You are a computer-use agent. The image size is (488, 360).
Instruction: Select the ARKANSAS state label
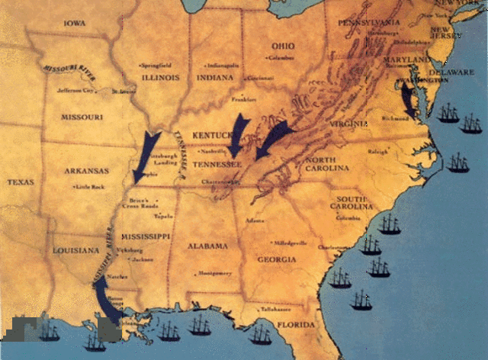pyautogui.click(x=86, y=172)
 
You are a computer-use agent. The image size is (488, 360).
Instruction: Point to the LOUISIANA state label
pyautogui.click(x=75, y=250)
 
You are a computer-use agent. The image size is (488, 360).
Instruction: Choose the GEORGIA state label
pyautogui.click(x=277, y=259)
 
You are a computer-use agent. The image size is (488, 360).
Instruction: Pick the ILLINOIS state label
pyautogui.click(x=157, y=77)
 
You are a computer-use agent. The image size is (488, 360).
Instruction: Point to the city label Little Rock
pyautogui.click(x=89, y=186)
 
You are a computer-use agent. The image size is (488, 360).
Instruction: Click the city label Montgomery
pyautogui.click(x=214, y=273)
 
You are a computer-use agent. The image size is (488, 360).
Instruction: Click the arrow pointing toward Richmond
pyautogui.click(x=409, y=99)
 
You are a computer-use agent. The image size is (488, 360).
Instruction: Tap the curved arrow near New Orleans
pyautogui.click(x=104, y=297)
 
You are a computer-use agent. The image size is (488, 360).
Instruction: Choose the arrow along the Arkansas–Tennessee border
pyautogui.click(x=145, y=155)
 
